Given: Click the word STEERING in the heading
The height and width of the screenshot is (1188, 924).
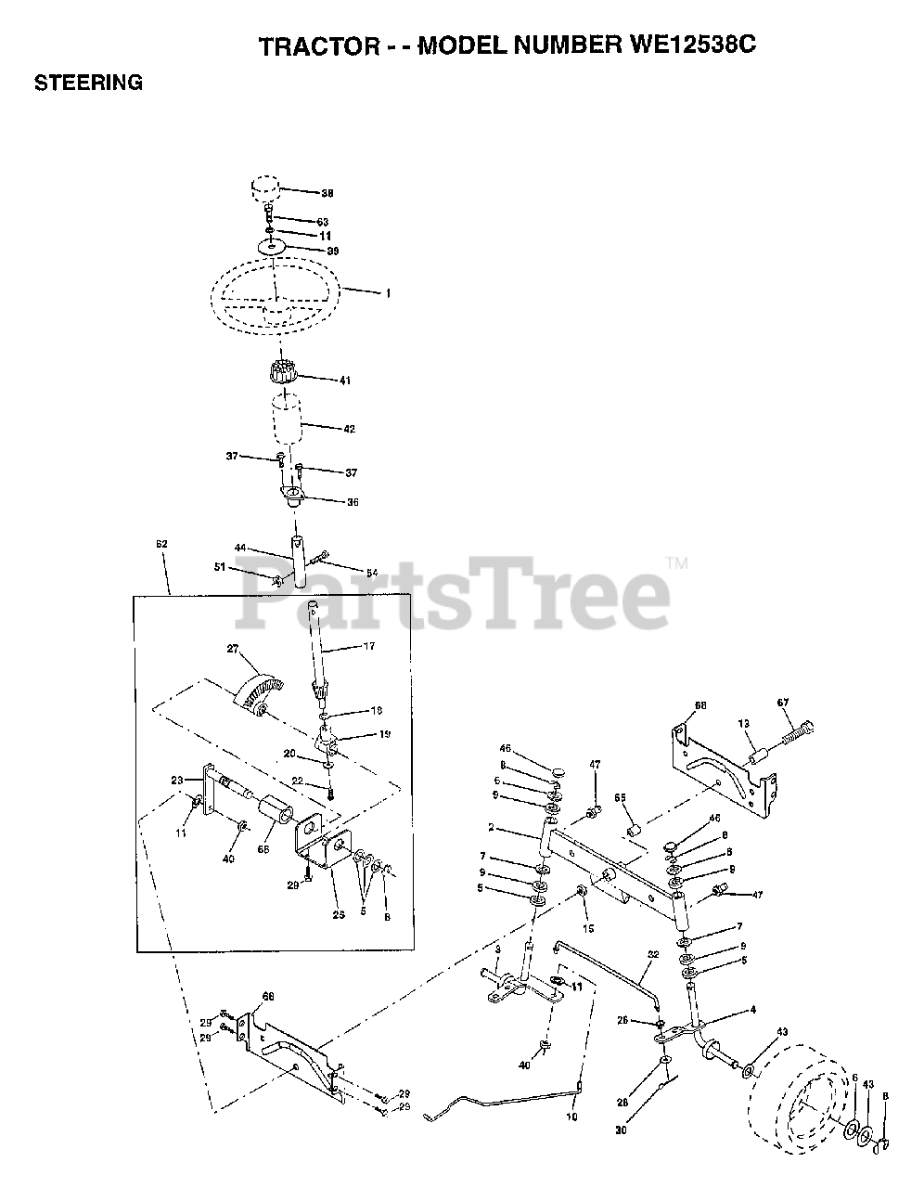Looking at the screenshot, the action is coord(88,83).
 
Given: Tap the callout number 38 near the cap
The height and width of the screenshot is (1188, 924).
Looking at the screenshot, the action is coord(327,194).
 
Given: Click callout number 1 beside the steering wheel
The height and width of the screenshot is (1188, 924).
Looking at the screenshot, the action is coord(388,293).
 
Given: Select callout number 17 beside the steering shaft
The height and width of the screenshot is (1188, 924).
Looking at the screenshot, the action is coord(368,646).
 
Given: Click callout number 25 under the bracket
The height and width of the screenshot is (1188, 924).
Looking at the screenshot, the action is coord(340,915).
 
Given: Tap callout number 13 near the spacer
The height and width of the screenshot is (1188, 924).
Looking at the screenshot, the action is coord(743,723).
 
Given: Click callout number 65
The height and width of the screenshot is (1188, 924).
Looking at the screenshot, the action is coord(620,798).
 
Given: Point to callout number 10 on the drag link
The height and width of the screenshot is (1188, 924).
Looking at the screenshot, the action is coord(571,1117).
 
